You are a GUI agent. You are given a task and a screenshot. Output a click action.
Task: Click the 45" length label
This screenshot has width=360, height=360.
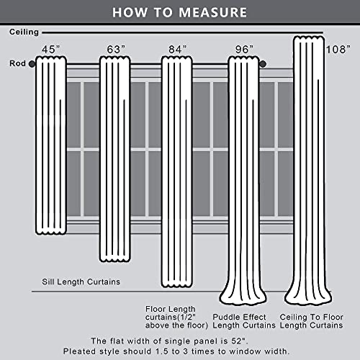50,50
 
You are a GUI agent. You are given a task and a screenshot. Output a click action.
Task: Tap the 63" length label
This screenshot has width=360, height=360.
116,50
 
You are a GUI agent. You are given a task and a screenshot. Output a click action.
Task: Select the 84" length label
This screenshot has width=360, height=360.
178,50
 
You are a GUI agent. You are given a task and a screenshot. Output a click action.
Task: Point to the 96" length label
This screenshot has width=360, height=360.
244,50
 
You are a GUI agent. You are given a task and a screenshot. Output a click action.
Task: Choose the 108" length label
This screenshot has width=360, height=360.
338,50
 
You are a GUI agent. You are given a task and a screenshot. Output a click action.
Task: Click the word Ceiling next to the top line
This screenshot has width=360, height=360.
24,32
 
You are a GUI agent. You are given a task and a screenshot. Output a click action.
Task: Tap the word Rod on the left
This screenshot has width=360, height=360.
17,63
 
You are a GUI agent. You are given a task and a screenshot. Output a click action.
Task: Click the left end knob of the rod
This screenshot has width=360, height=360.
32,64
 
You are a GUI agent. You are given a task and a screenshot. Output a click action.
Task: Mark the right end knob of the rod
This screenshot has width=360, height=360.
263,64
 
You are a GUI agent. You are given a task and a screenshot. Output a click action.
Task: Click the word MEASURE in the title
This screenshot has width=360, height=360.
213,12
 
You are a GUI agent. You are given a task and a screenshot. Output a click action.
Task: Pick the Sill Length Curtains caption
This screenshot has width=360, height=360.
81,282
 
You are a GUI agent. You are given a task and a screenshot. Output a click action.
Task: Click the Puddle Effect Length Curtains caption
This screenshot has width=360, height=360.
244,321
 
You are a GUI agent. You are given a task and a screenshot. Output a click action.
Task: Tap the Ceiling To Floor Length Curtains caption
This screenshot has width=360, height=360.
312,321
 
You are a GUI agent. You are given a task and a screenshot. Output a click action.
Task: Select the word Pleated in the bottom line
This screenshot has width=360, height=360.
78,351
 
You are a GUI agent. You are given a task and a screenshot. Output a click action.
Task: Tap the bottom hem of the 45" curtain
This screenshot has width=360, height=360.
51,231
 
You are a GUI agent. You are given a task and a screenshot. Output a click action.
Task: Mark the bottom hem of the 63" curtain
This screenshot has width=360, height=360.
115,259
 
